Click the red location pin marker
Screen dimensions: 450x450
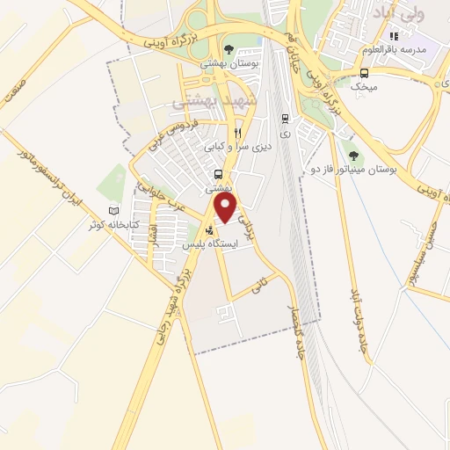[x=227, y=207]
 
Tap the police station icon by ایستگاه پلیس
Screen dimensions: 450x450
[x=208, y=233]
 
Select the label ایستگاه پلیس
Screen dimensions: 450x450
[x=212, y=247]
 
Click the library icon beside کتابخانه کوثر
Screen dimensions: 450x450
[x=112, y=211]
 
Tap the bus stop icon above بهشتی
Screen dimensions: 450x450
[x=217, y=174]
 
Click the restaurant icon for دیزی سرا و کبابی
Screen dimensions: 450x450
[x=213, y=134]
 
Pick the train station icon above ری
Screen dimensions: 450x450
[x=285, y=118]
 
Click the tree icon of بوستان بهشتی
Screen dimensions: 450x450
[x=229, y=49]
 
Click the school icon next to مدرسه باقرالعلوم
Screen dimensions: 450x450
[x=394, y=36]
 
